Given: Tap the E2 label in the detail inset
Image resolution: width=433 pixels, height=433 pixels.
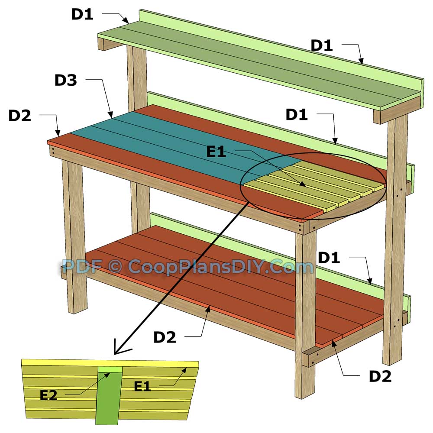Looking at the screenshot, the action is pyautogui.click(x=48, y=395).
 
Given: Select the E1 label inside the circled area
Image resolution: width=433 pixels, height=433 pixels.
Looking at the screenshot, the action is pyautogui.click(x=216, y=152).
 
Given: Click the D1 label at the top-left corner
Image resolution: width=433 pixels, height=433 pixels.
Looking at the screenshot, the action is pyautogui.click(x=82, y=14).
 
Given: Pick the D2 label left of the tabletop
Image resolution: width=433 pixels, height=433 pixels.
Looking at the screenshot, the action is pyautogui.click(x=20, y=116).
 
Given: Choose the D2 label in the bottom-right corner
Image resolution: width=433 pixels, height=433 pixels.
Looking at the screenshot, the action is pyautogui.click(x=380, y=376).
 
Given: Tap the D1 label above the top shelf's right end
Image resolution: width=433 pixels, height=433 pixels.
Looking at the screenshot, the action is pyautogui.click(x=322, y=45).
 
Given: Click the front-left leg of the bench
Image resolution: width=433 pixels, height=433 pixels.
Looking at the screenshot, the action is pyautogui.click(x=74, y=234).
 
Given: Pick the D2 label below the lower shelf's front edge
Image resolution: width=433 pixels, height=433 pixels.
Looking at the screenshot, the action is pyautogui.click(x=165, y=337).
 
